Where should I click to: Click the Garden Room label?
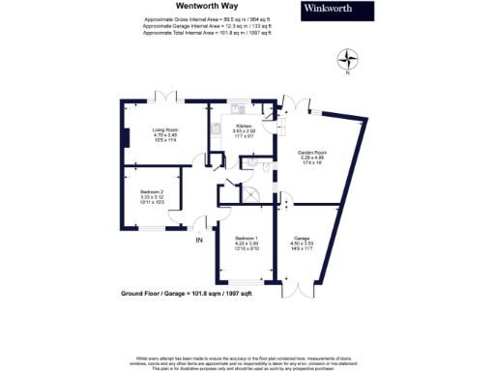pyautogui.click(x=311, y=157)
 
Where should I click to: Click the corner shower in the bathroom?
pyautogui.click(x=254, y=194)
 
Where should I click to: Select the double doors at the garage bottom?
pyautogui.click(x=298, y=289)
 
